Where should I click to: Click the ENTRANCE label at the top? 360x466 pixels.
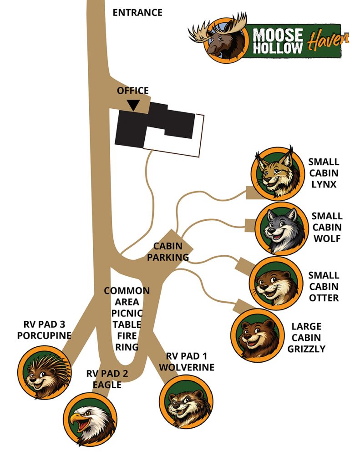pyautogui.click(x=137, y=12)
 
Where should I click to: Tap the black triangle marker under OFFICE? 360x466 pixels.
pyautogui.click(x=133, y=106)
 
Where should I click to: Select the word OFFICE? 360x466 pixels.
pyautogui.click(x=133, y=91)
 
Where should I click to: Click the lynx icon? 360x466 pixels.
pyautogui.click(x=276, y=173)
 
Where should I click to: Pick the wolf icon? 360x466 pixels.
pyautogui.click(x=280, y=228)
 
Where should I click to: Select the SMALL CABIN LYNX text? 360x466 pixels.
pyautogui.click(x=324, y=173)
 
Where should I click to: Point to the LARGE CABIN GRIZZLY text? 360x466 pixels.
pyautogui.click(x=306, y=338)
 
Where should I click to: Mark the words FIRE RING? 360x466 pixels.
pyautogui.click(x=127, y=341)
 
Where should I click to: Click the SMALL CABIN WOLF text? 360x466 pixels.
pyautogui.click(x=327, y=227)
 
